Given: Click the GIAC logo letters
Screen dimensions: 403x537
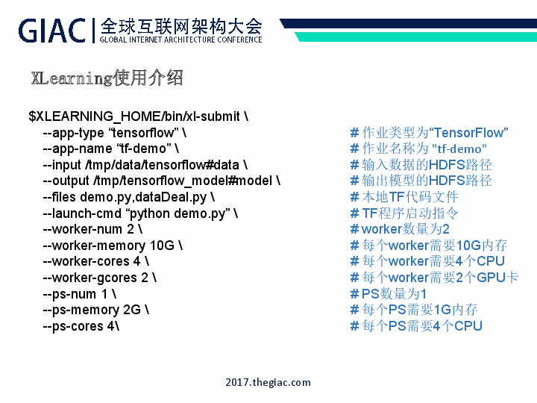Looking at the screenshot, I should (52, 30).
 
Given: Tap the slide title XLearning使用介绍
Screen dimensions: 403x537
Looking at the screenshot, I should (107, 78).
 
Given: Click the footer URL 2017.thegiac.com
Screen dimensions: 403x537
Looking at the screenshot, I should (268, 382).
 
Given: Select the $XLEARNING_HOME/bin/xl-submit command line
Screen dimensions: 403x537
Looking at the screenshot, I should (138, 116).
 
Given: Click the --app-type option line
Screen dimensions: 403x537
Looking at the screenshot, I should (115, 133).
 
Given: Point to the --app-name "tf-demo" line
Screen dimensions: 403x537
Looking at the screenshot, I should (110, 149).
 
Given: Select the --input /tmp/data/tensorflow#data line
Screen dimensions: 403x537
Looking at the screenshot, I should (145, 165).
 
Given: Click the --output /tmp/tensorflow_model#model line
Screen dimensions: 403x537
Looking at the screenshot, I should (161, 181).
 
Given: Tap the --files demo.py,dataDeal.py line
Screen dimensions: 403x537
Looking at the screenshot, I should (128, 197).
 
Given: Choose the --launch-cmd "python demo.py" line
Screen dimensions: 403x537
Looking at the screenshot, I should (140, 213).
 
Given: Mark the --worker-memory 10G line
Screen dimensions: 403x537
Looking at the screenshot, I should (113, 246).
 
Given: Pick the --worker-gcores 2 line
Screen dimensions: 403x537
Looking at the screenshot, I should (100, 278).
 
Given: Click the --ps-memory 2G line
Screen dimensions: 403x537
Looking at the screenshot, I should (95, 310).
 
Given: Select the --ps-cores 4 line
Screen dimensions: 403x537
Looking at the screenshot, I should (81, 326).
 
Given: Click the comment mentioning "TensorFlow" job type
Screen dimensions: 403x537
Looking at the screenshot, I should (429, 133).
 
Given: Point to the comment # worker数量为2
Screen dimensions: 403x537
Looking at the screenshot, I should (400, 229).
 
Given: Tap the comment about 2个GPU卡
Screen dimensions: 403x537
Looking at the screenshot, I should (434, 278).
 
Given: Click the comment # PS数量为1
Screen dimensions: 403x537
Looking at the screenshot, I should (389, 294).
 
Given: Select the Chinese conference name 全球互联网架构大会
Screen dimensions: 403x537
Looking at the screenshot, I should (180, 25).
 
